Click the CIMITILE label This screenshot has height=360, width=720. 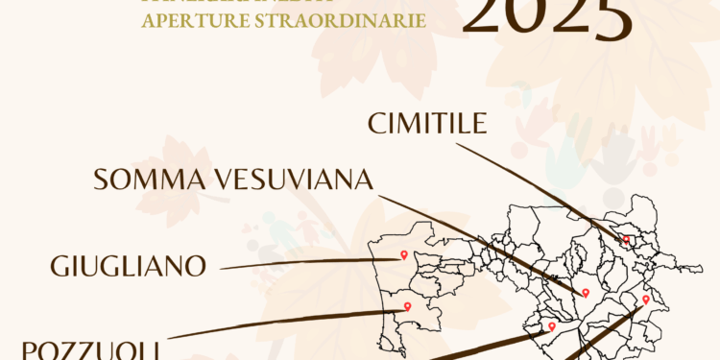point(427,125)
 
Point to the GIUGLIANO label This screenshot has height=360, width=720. point(129,266)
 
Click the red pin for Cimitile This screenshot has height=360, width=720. point(626,240)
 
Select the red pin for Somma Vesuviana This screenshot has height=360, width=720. point(585,292)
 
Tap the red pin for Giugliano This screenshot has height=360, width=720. point(404,254)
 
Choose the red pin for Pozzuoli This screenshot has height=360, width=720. point(408,307)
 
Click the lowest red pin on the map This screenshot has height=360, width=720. point(551,326)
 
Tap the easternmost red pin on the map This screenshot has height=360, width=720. point(646,300)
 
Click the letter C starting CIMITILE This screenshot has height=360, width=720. point(375,125)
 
